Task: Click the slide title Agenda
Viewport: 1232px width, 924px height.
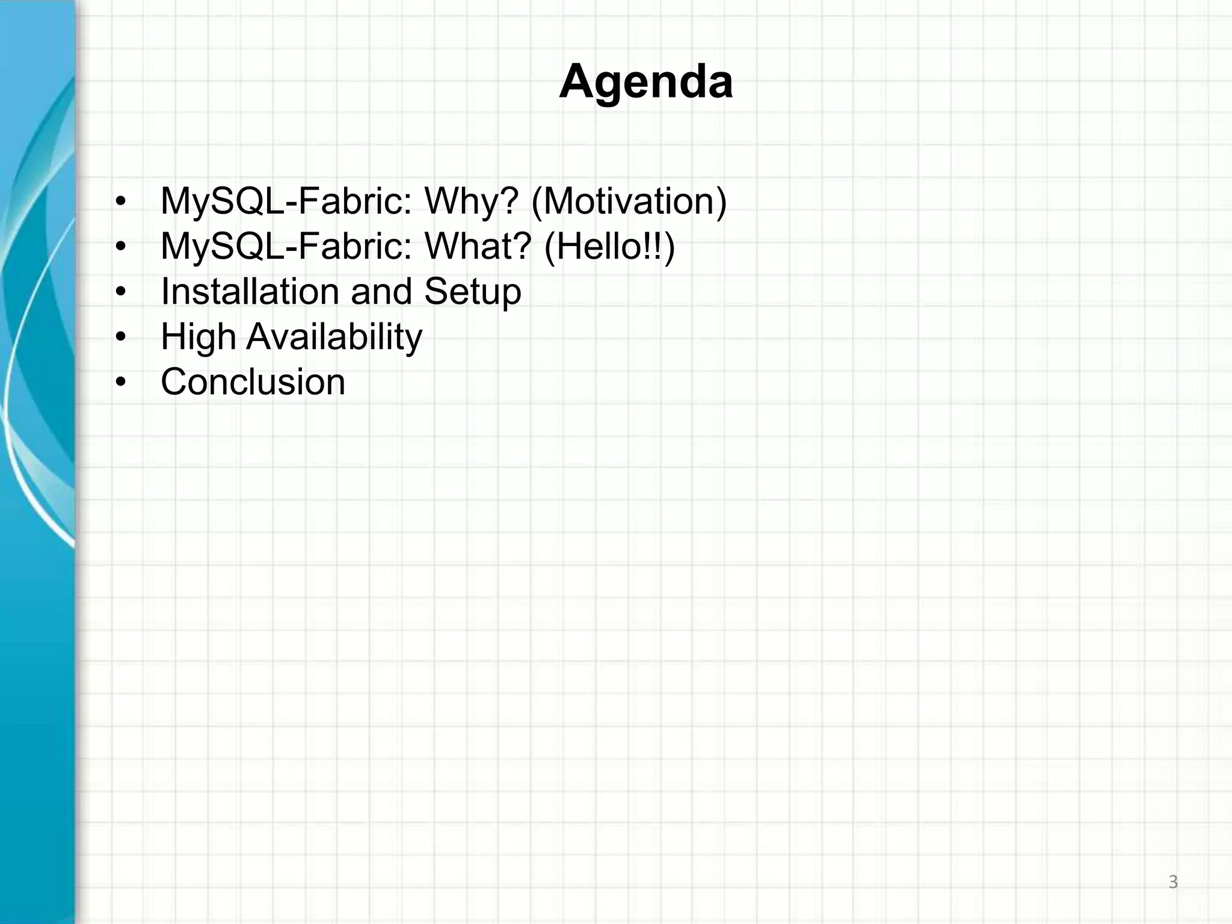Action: click(x=645, y=82)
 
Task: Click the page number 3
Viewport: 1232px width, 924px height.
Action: click(x=1172, y=882)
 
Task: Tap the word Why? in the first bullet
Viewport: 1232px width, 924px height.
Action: click(x=471, y=201)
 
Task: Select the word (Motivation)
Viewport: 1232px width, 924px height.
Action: click(x=629, y=202)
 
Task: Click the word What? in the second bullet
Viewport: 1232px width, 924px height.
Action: click(x=478, y=246)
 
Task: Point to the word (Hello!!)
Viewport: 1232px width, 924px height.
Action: click(x=609, y=247)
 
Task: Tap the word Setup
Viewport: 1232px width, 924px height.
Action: click(x=472, y=292)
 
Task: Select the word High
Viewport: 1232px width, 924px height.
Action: click(x=198, y=337)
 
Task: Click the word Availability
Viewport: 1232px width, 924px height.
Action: click(x=334, y=337)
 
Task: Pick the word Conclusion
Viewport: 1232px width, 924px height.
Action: click(x=253, y=382)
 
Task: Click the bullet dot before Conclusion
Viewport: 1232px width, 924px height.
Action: click(x=121, y=383)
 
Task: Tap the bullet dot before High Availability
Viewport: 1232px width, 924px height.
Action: click(x=121, y=337)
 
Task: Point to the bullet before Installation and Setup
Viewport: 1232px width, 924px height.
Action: click(x=121, y=292)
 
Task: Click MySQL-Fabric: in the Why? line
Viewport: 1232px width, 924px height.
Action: click(x=286, y=201)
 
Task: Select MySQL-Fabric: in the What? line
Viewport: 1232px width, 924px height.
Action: click(x=286, y=246)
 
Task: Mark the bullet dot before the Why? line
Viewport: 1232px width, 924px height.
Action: click(x=121, y=202)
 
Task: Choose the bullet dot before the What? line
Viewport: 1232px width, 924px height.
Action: click(x=121, y=247)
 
